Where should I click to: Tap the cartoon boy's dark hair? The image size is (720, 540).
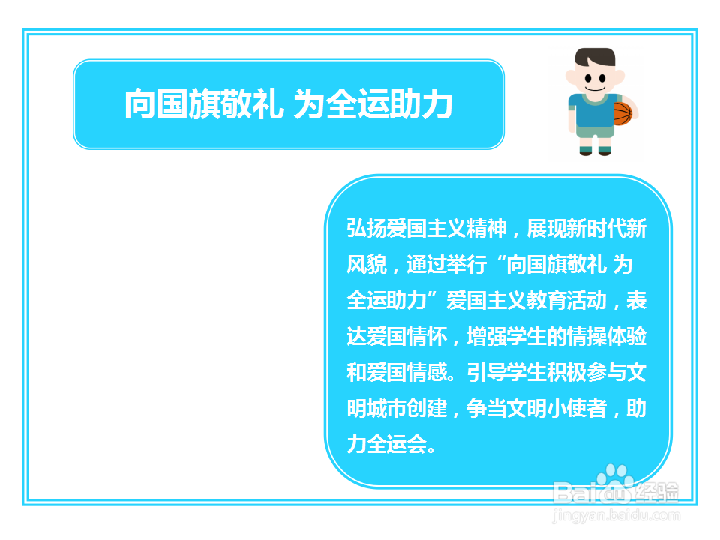[x=594, y=57]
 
